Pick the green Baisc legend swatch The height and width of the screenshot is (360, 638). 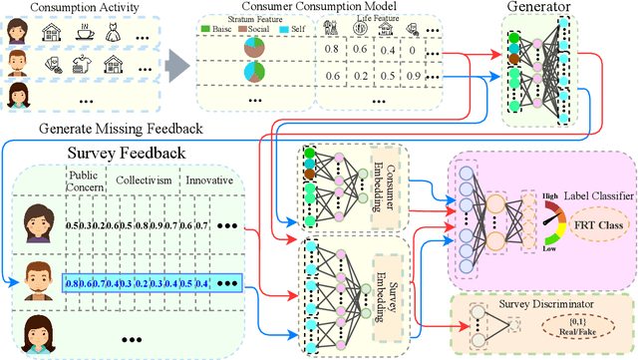207,29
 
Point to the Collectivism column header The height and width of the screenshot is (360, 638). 138,180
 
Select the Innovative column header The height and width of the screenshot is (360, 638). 206,180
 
